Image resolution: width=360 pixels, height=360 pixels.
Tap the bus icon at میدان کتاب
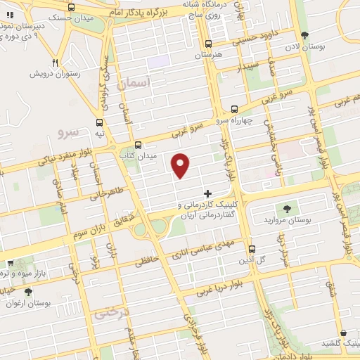[139, 143]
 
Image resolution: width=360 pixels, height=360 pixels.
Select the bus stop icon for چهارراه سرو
[235, 110]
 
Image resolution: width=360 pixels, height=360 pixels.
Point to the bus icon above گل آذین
[252, 249]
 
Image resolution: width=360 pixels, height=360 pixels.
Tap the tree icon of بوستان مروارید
[286, 208]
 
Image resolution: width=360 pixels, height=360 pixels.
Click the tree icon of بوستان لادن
[304, 35]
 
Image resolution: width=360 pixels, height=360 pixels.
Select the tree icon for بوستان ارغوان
[28, 292]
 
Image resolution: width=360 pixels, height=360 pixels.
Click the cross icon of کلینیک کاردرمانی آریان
[207, 193]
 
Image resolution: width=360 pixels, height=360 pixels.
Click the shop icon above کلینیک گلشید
[342, 333]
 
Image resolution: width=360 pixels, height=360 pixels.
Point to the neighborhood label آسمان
[136, 83]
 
